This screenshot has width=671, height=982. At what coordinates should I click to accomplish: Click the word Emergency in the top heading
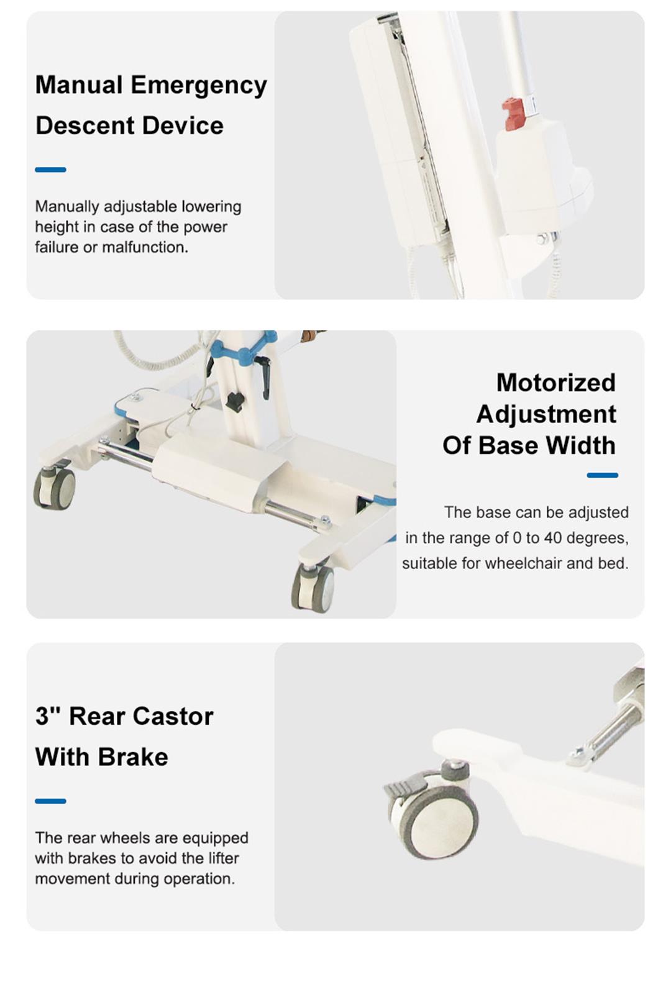(199, 85)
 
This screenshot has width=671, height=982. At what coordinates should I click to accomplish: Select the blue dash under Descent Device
(50, 170)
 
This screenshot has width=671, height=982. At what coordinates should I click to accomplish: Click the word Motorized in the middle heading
(555, 383)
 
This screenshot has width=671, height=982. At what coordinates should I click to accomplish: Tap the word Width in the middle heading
(580, 445)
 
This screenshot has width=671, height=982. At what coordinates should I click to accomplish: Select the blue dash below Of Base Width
(602, 475)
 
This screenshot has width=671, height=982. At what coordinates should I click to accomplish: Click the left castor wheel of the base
(55, 488)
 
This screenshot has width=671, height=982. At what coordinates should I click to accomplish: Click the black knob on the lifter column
(234, 402)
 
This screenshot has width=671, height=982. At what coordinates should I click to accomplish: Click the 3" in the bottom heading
(48, 717)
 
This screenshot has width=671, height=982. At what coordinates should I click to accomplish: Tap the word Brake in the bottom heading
(132, 757)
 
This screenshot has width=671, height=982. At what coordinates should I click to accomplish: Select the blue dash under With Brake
(50, 801)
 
